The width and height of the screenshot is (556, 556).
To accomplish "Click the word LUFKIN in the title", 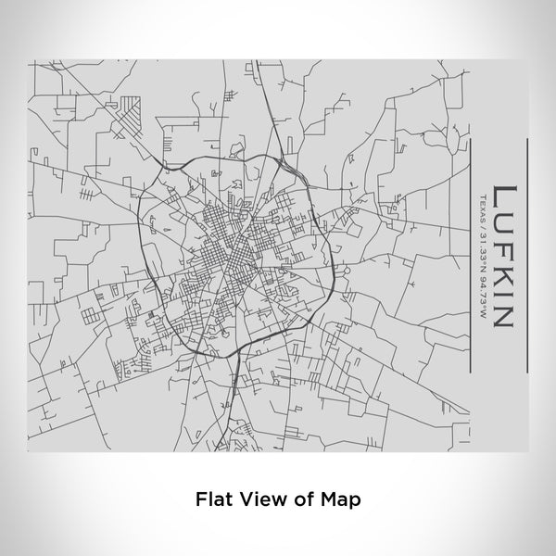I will point(502,256).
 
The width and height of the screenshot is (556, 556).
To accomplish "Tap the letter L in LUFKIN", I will point(502,196).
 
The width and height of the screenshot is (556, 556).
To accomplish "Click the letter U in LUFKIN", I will point(502,222).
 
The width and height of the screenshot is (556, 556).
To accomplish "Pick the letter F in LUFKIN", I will point(502,247).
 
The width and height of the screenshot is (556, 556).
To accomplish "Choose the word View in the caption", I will point(259,498).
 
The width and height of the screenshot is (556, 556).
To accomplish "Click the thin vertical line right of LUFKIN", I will point(526,254).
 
